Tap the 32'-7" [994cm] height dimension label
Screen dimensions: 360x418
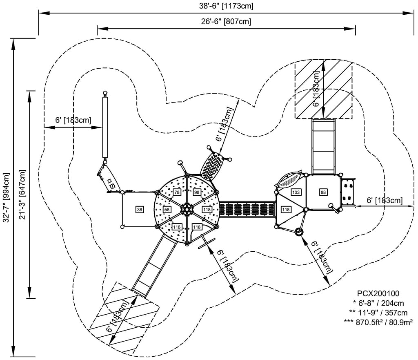(x=6, y=197)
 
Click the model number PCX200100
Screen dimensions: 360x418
(x=378, y=293)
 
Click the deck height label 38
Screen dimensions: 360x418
(x=140, y=210)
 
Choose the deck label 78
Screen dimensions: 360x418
(x=177, y=192)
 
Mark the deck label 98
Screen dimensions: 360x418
(x=197, y=192)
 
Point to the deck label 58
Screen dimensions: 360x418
(x=167, y=210)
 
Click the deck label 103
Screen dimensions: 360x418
(x=296, y=192)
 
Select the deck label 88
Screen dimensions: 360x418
(x=323, y=192)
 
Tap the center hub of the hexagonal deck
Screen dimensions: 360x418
(x=187, y=209)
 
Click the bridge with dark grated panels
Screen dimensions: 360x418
(x=247, y=209)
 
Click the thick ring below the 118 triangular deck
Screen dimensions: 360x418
(x=299, y=232)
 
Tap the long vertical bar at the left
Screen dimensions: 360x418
(x=106, y=127)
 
